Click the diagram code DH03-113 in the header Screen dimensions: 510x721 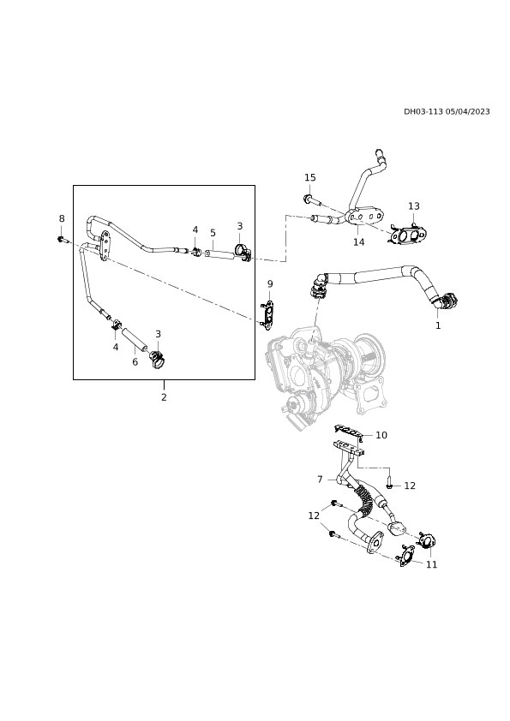tap(423, 111)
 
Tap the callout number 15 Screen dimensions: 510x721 tap(309, 177)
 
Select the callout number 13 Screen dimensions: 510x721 tap(414, 206)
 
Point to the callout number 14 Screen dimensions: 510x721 tap(358, 241)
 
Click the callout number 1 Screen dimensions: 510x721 tap(438, 325)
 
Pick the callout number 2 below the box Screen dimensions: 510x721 tap(164, 396)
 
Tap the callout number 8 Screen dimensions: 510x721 tap(62, 218)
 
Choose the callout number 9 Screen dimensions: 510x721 tap(270, 283)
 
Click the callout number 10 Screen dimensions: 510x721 tap(381, 435)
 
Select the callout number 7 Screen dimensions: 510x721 tap(320, 480)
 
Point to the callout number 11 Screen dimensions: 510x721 tap(431, 564)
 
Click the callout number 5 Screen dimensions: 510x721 tap(213, 233)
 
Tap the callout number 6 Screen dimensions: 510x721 tap(135, 362)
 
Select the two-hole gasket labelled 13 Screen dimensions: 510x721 tap(407, 235)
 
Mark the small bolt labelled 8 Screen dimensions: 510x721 tap(63, 239)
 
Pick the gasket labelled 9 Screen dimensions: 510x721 tap(267, 315)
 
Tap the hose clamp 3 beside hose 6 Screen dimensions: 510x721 tap(158, 358)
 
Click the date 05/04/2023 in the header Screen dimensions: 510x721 tap(468, 111)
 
